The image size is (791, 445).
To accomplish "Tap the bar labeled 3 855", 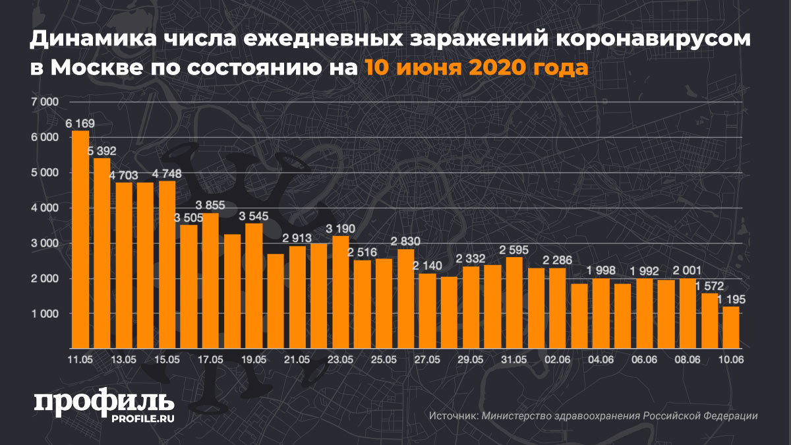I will pos(210,280).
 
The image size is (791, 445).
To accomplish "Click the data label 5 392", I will pos(102,152).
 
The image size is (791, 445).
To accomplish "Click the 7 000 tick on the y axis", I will pos(45,102).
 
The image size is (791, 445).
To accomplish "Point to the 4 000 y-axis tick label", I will pos(45,208).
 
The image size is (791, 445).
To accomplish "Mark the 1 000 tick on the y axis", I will pos(45,314).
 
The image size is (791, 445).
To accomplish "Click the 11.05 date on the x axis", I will pos(80,360).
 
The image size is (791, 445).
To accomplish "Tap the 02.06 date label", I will pos(558,360).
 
